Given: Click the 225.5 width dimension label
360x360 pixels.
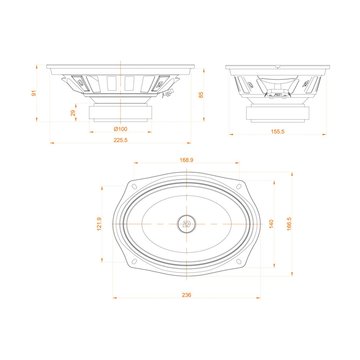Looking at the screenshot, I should [x=119, y=139].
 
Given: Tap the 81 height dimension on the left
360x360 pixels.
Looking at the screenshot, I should [x=34, y=93].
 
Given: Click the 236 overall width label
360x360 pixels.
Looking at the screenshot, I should [x=187, y=296].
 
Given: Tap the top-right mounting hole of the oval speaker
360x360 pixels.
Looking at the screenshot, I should [x=240, y=185].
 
